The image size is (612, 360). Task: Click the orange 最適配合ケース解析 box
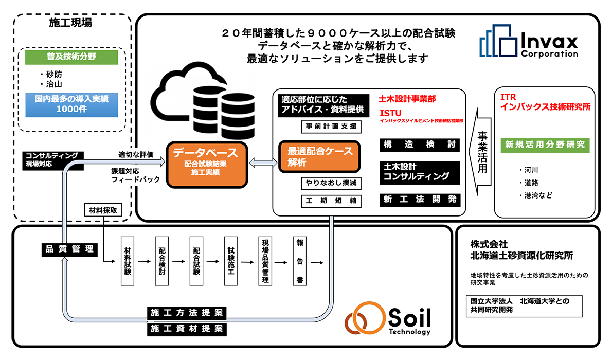(x=318, y=156)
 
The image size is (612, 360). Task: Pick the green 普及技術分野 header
(x=72, y=57)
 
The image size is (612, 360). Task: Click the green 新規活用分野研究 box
(x=545, y=145)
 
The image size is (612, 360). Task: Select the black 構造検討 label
(x=419, y=145)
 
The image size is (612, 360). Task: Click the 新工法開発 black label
(x=419, y=200)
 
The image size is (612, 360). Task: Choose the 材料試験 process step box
(x=128, y=261)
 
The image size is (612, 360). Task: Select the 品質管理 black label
(x=68, y=249)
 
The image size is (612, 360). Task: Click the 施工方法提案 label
(x=187, y=313)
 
